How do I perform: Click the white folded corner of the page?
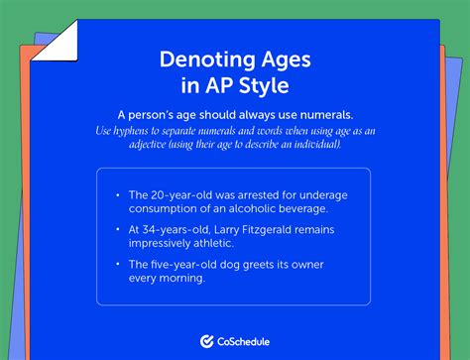coord(58,40)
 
